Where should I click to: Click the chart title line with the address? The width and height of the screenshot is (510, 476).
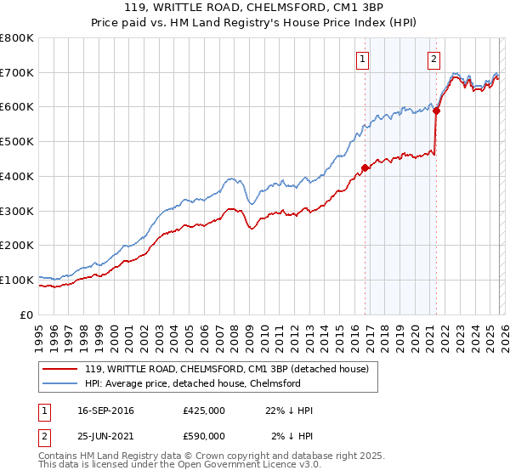(255, 8)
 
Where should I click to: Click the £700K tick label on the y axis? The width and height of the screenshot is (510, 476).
(17, 73)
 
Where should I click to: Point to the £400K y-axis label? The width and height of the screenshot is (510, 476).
(17, 176)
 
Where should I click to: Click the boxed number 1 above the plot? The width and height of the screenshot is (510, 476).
(363, 59)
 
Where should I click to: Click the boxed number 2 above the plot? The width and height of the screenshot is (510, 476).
(433, 59)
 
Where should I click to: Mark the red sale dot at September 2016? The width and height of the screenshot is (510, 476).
(365, 167)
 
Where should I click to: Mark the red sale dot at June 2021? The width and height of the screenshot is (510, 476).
(436, 110)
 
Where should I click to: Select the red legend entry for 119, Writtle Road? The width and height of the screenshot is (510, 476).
(226, 370)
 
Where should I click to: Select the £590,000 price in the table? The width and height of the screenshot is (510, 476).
(204, 435)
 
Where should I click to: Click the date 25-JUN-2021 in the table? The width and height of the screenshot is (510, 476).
(101, 435)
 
